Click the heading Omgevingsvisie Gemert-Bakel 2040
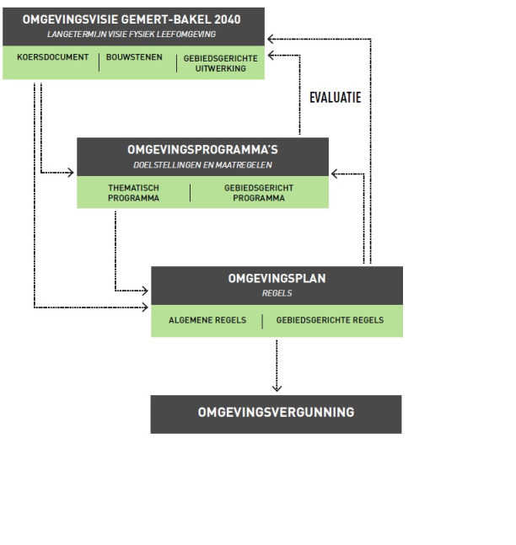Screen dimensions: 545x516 [132, 19]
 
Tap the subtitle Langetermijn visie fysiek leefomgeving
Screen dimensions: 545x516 [132, 34]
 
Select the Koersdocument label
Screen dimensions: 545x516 [52, 57]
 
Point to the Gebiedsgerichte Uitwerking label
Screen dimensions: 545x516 [220, 63]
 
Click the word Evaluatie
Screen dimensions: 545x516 [335, 98]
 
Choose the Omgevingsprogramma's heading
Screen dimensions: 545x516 [202, 149]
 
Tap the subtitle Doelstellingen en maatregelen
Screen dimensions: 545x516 [202, 164]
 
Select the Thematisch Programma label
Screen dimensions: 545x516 [133, 193]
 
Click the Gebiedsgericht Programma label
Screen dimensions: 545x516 [254, 193]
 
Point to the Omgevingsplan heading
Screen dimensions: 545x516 [277, 278]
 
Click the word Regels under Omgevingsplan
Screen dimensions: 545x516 [277, 294]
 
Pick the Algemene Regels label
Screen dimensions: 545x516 [207, 320]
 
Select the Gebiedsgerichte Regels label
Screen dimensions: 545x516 [330, 320]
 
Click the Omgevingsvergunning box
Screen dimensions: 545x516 [276, 413]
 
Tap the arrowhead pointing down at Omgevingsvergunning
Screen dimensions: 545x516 [277, 387]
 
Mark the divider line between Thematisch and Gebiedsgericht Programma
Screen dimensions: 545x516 [190, 193]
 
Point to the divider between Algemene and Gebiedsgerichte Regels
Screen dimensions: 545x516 [262, 320]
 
